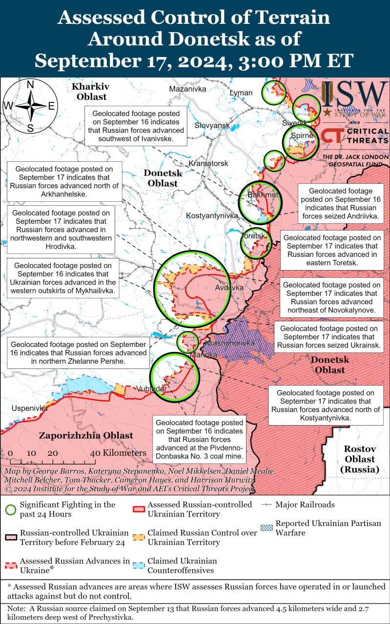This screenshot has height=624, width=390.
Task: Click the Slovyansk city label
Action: coord(212,125)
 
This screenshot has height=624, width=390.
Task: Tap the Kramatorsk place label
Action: coord(208,163)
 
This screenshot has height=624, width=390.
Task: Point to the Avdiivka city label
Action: coord(229,288)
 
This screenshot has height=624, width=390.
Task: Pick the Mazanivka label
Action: coord(187,89)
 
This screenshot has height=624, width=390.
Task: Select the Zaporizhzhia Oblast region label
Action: coord(86,435)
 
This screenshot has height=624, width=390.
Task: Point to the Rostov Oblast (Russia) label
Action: coord(359,459)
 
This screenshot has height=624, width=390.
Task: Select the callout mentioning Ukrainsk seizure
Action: coord(328,337)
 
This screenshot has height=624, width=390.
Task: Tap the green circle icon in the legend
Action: coord(10,509)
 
